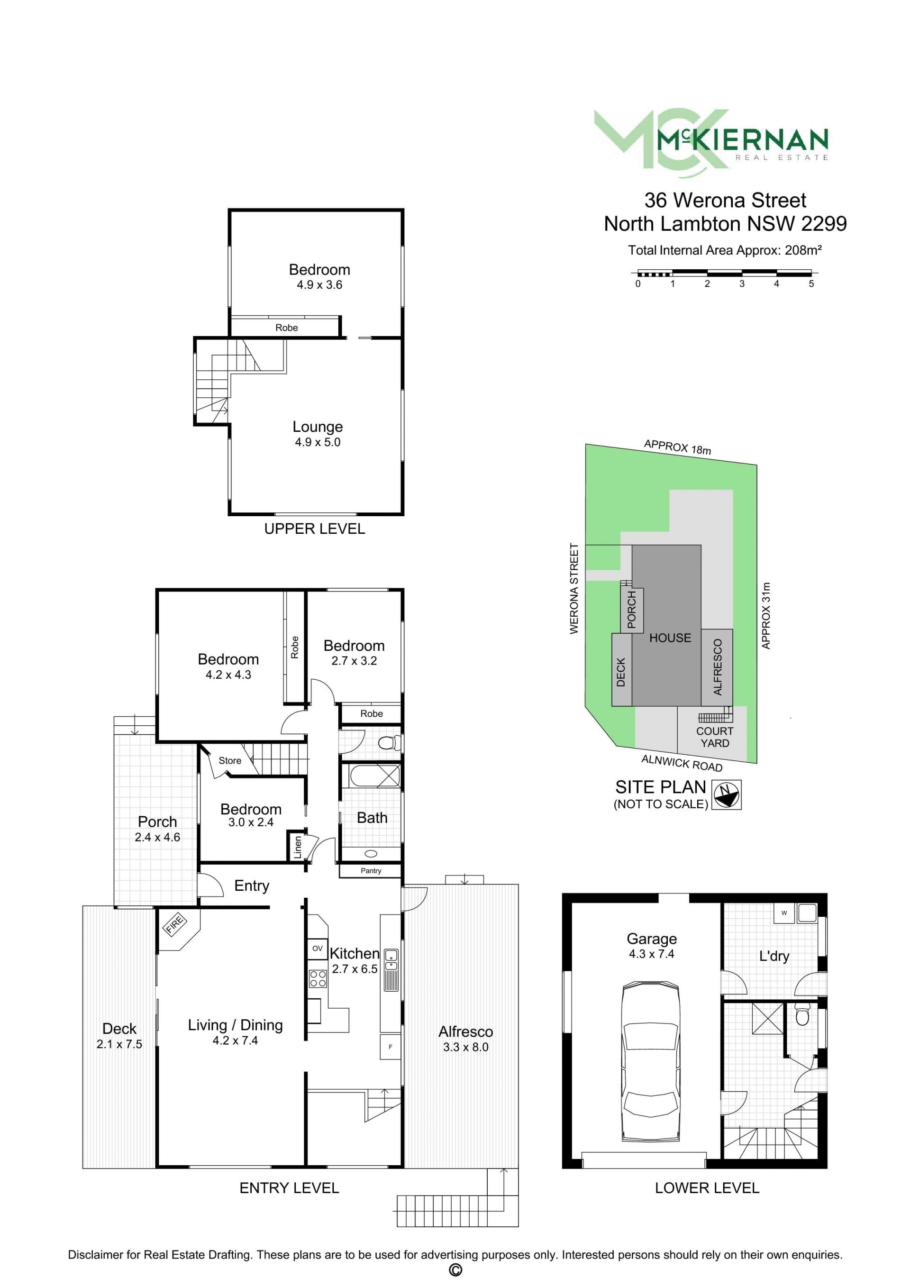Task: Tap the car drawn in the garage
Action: (651, 1061)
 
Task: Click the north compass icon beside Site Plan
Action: (726, 794)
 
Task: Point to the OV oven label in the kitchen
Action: (317, 949)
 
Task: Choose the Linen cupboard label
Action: (298, 847)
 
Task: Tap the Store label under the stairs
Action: (230, 761)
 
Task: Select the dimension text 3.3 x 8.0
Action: (465, 1047)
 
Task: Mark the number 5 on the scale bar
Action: (811, 283)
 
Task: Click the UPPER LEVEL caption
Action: (314, 529)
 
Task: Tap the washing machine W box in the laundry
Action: (784, 913)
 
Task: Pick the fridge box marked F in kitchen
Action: (391, 1047)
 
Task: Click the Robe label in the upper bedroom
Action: (286, 328)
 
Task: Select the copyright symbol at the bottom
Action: (455, 1270)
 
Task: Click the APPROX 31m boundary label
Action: (766, 615)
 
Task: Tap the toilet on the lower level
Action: (802, 1014)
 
